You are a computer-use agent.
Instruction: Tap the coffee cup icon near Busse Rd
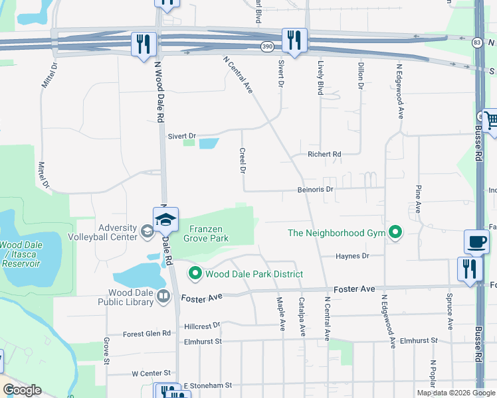(x=476, y=241)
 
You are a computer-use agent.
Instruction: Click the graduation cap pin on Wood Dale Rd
(x=165, y=219)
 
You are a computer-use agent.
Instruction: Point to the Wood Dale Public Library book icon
(x=163, y=298)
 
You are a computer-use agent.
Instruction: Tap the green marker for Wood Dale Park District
(x=195, y=273)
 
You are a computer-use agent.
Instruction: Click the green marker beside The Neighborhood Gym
(x=396, y=233)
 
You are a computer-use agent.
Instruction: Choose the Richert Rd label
(x=324, y=155)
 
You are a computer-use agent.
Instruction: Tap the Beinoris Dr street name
(x=314, y=189)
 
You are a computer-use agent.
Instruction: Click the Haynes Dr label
(x=351, y=256)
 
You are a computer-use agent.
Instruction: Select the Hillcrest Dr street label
(x=202, y=326)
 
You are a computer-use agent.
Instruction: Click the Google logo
(x=22, y=391)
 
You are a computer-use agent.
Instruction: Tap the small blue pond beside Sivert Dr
(x=208, y=143)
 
